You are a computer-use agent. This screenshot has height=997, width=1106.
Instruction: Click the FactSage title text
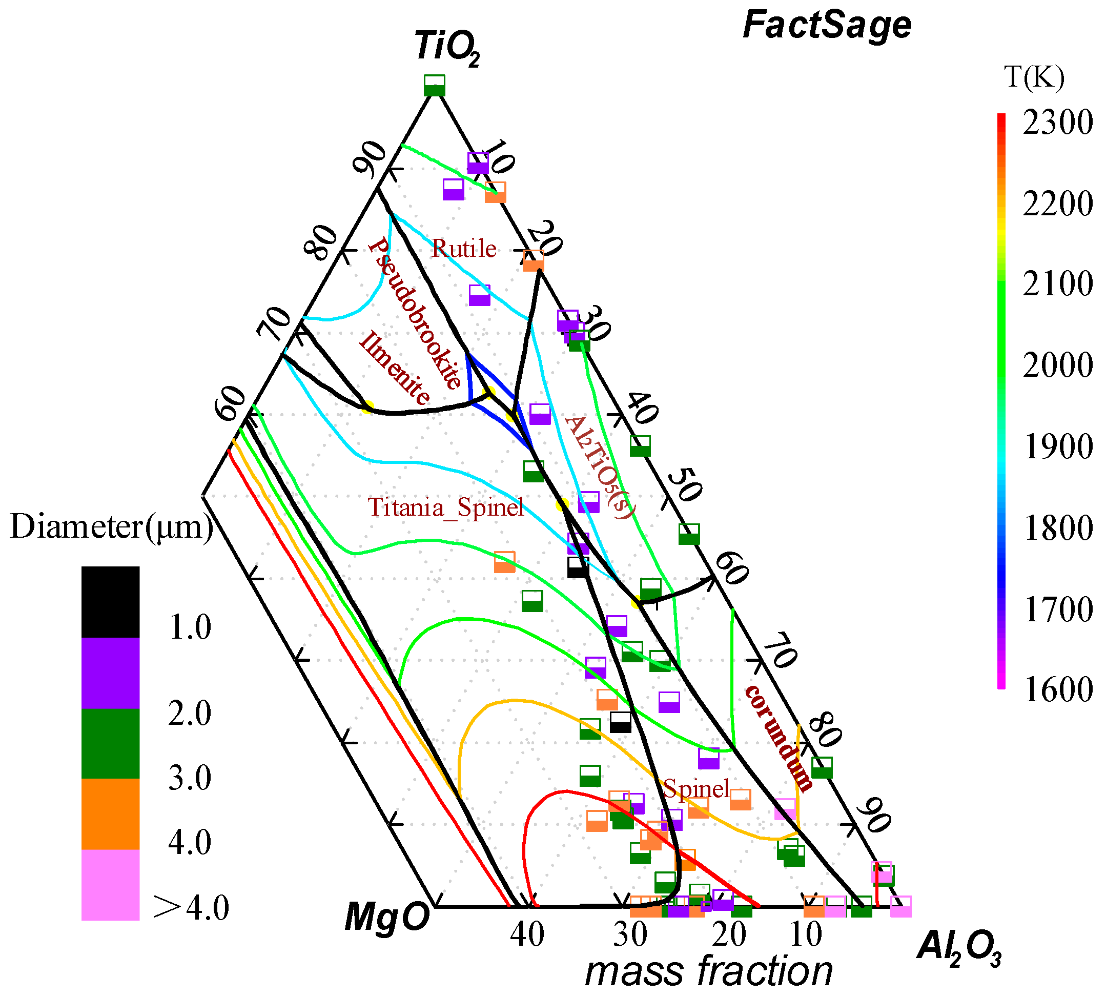[826, 25]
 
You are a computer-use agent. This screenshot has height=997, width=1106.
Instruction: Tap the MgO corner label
[387, 917]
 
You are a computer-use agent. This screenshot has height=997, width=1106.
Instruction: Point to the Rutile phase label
[463, 249]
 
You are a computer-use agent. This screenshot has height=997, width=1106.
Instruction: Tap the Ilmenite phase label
[395, 368]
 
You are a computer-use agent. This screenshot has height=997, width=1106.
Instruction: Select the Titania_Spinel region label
[445, 507]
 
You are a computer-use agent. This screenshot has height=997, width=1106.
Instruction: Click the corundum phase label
[779, 737]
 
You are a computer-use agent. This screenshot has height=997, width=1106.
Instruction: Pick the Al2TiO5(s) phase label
[600, 466]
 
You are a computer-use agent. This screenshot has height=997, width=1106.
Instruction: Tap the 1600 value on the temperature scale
[1057, 689]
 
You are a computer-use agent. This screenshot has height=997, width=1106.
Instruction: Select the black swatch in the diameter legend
[110, 601]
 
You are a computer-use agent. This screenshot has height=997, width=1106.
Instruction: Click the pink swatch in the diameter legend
[110, 884]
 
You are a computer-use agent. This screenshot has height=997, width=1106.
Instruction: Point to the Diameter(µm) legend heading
[112, 527]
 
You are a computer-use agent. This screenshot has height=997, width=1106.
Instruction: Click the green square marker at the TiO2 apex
[435, 86]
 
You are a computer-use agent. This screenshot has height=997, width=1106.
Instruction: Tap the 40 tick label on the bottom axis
[526, 934]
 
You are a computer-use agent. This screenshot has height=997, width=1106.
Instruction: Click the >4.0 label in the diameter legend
[190, 908]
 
